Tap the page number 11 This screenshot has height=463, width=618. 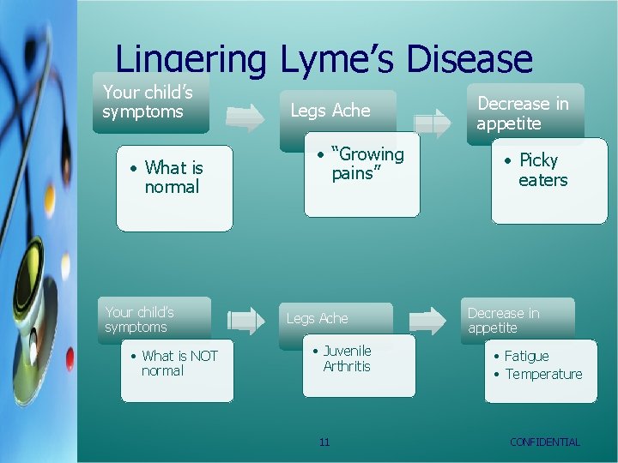[324, 442]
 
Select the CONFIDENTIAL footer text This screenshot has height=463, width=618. [544, 442]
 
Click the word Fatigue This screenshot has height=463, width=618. [526, 356]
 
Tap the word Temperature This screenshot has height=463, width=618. [543, 374]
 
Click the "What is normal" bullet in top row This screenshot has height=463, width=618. [173, 177]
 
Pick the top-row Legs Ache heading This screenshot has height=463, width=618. [330, 111]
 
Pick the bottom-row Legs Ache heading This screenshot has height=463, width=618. [317, 318]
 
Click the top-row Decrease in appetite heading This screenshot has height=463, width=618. [523, 113]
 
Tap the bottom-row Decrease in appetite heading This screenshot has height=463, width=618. [503, 320]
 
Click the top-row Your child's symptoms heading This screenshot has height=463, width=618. [147, 102]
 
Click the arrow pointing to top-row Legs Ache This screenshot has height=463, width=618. [245, 118]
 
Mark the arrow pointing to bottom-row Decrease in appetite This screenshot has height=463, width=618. [427, 321]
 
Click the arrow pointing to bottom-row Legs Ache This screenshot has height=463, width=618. [245, 321]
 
